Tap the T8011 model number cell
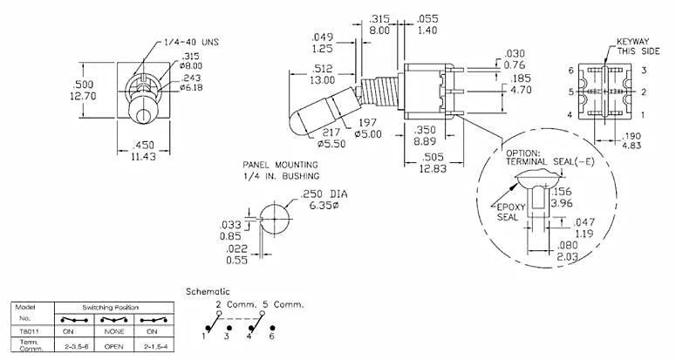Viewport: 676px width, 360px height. (25, 330)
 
